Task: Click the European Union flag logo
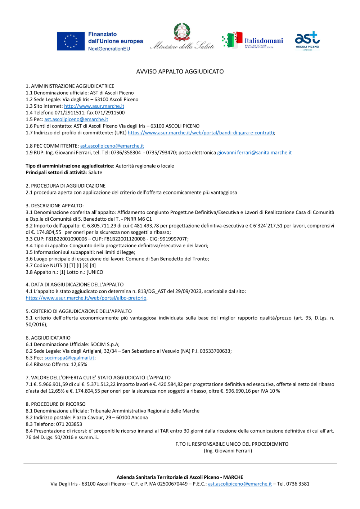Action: tap(71, 41)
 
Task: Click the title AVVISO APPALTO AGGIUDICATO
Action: tap(180, 72)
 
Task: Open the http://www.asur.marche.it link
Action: tap(94, 106)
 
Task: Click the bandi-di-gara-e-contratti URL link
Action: tap(201, 133)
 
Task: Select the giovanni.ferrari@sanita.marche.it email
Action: tap(254, 153)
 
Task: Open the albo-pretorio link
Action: tap(86, 298)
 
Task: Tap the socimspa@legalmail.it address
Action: tap(69, 358)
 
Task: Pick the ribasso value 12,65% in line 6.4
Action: tap(79, 365)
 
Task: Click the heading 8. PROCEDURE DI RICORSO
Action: tap(55, 404)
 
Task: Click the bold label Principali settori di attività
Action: tap(55, 172)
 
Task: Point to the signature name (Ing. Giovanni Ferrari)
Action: tap(228, 451)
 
